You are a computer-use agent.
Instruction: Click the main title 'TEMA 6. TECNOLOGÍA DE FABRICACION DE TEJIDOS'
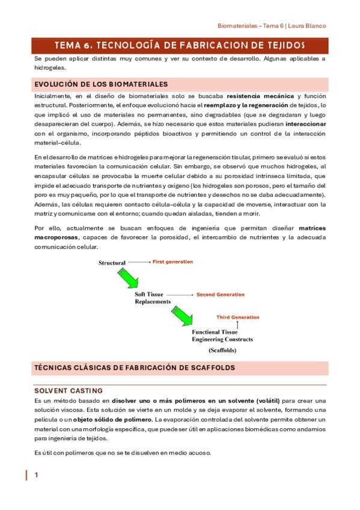[x=180, y=45]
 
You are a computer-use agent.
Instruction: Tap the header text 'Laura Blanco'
[x=308, y=26]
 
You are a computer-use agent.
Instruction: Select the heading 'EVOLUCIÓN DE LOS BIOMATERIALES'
[x=100, y=84]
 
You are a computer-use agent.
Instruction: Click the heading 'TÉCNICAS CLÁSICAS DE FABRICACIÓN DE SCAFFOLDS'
[x=134, y=367]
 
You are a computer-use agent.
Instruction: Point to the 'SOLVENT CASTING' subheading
[x=68, y=390]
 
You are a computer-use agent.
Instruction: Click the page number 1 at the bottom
[x=37, y=475]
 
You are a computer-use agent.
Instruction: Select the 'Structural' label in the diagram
[x=112, y=263]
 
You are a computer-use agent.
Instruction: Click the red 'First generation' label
[x=172, y=262]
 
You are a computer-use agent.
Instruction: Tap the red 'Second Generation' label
[x=221, y=295]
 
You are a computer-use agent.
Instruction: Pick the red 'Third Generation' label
[x=238, y=317]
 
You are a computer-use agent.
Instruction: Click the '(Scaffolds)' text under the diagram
[x=222, y=349]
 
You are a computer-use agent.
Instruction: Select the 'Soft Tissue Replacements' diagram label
[x=153, y=298]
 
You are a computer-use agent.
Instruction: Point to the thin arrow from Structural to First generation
[x=139, y=262]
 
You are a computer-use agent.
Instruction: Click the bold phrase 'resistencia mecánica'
[x=260, y=96]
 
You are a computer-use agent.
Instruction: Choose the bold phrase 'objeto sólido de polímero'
[x=115, y=419]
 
